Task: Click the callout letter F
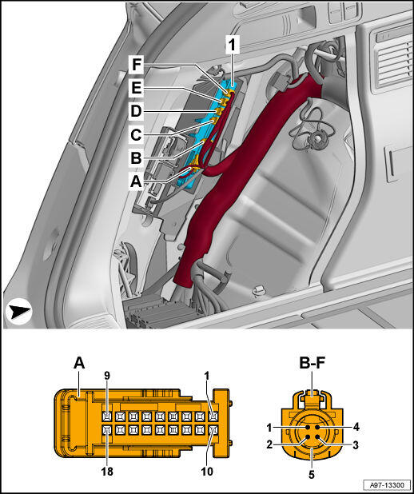(136, 65)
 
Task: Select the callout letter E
(137, 88)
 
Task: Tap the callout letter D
(136, 111)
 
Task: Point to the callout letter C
(136, 135)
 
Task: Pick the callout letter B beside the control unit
(136, 157)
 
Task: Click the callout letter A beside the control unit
(136, 181)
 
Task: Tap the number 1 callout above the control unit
(232, 45)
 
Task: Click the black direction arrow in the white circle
(19, 311)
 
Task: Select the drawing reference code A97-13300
(386, 484)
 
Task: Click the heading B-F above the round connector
(312, 363)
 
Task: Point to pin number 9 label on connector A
(108, 376)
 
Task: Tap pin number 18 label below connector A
(106, 472)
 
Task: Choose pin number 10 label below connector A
(207, 472)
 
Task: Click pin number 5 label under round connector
(312, 474)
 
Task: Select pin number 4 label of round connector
(356, 427)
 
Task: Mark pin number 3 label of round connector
(356, 445)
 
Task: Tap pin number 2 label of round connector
(269, 444)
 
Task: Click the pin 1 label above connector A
(207, 376)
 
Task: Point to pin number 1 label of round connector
(269, 428)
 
